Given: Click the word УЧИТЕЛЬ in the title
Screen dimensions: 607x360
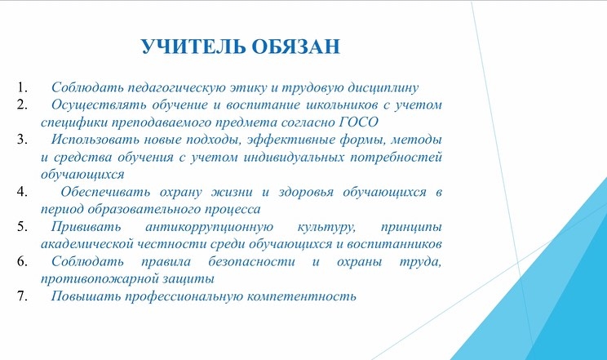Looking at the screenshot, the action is pyautogui.click(x=193, y=47).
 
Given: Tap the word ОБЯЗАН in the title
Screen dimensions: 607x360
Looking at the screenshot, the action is pyautogui.click(x=296, y=47).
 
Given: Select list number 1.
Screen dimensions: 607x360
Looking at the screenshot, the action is pyautogui.click(x=22, y=87).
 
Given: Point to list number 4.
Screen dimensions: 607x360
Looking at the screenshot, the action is pyautogui.click(x=22, y=192).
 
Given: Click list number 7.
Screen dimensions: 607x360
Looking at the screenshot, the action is pyautogui.click(x=22, y=296).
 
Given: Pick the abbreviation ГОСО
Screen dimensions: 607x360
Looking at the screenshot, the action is pyautogui.click(x=358, y=122).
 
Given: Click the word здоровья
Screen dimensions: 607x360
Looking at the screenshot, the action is pyautogui.click(x=306, y=192).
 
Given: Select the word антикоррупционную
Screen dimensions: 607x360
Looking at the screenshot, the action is pyautogui.click(x=210, y=228).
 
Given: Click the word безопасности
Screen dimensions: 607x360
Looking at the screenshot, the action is pyautogui.click(x=251, y=262).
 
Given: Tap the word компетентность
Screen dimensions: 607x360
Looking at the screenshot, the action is pyautogui.click(x=301, y=297).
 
